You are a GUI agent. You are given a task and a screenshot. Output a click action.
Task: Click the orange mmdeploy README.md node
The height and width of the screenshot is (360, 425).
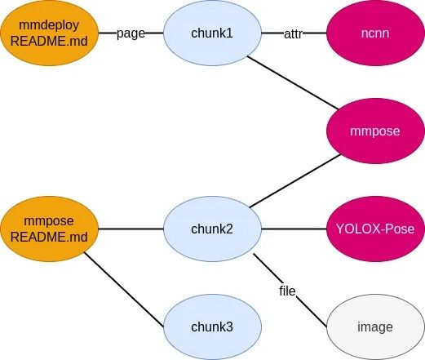pos(49,33)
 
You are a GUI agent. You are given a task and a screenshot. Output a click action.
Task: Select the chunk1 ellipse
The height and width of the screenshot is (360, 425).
pos(212,33)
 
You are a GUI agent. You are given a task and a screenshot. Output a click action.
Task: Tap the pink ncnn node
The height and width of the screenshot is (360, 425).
pos(375,33)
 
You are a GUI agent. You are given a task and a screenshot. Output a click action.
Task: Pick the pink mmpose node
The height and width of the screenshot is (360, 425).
pos(375,131)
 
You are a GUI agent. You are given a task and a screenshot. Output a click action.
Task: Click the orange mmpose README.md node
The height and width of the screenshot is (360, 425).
pos(49,229)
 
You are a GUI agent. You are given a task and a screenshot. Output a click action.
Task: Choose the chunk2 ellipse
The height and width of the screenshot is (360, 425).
pos(212,229)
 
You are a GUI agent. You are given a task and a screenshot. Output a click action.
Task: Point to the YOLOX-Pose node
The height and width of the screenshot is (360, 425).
pos(375,229)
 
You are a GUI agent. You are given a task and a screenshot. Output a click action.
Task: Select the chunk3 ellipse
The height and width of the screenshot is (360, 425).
pos(212,327)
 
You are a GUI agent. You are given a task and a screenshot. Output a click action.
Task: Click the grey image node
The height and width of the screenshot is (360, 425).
pos(375,327)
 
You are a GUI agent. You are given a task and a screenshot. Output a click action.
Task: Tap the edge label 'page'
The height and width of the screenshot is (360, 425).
pos(131,33)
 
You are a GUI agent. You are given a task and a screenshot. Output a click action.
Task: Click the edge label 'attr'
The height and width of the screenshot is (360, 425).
pos(293,34)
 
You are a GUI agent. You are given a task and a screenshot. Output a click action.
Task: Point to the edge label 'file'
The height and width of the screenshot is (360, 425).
pos(287,291)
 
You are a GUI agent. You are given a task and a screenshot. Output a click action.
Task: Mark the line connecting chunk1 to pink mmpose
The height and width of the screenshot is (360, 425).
pos(293,82)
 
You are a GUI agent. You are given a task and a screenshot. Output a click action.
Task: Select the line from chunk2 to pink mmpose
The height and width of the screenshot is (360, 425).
pos(295,180)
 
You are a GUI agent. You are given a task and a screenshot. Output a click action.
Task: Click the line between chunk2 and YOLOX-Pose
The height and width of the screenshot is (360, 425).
pos(294,229)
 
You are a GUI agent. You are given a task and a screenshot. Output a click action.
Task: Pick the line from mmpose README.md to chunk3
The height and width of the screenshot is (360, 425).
pos(124,290)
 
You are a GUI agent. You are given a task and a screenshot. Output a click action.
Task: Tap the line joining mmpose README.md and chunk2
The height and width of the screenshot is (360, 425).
pos(131,229)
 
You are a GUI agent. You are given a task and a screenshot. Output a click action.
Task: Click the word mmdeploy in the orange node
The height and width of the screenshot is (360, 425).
pos(49,25)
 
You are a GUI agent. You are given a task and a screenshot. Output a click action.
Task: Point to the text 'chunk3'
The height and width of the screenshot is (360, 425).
pos(212,327)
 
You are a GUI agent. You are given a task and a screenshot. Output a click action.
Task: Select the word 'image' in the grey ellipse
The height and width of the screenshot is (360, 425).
pos(375,327)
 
